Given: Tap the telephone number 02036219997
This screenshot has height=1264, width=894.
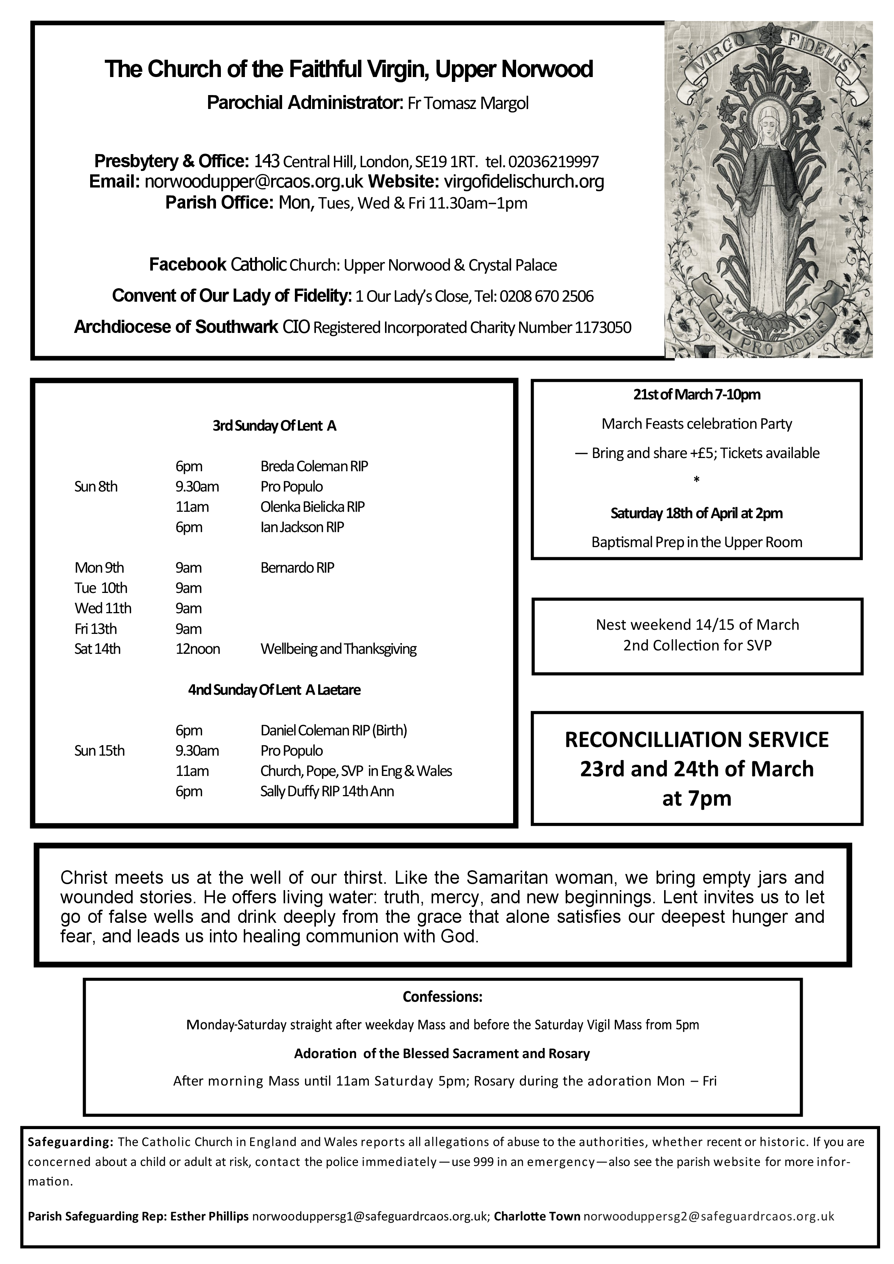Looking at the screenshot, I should [553, 162].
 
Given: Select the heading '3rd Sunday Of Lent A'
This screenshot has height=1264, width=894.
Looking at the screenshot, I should [274, 426].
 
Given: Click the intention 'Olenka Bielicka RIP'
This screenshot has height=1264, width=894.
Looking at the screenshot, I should [312, 507].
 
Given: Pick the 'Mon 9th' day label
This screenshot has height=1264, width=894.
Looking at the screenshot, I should [99, 568].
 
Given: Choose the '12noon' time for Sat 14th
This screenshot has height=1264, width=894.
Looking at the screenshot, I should [198, 649].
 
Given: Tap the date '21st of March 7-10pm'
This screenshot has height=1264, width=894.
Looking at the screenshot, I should [696, 395].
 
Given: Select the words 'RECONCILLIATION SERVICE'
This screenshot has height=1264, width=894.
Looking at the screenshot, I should [696, 740].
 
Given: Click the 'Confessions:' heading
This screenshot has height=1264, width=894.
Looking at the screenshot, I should [442, 997].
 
